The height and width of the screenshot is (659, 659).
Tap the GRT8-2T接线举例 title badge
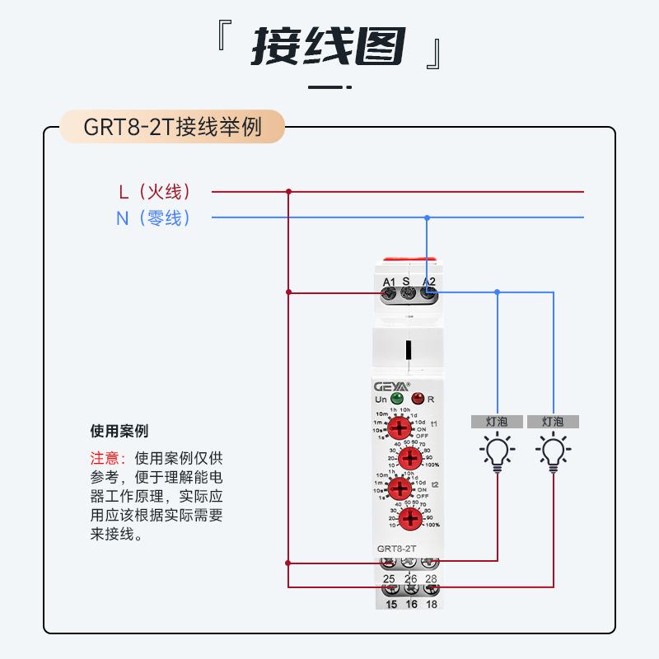[x=172, y=128]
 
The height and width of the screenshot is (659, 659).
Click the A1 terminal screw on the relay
[x=390, y=292]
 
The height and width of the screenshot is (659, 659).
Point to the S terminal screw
[x=407, y=292]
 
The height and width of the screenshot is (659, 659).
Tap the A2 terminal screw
[x=428, y=292]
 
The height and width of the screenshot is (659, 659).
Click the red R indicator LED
[x=418, y=399]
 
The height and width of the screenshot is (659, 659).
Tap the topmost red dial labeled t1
[x=400, y=428]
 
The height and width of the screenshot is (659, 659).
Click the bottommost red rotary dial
[x=411, y=518]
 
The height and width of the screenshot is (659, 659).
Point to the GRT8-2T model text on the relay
[x=396, y=548]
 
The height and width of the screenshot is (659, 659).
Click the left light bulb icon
[x=496, y=452]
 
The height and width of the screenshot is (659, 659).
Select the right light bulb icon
[x=552, y=452]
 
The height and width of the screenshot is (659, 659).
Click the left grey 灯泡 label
[x=497, y=421]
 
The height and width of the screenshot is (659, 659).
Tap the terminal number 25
[x=389, y=579]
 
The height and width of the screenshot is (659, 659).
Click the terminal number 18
[x=430, y=604]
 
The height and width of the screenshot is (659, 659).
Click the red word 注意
[x=106, y=459]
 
